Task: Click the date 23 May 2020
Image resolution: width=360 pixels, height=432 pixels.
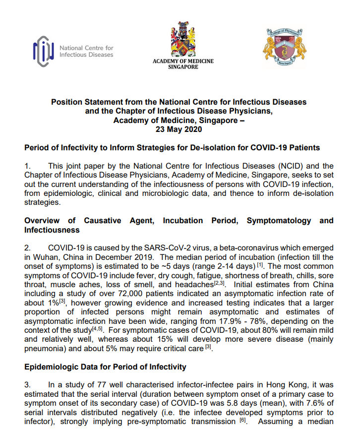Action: tap(179, 129)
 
